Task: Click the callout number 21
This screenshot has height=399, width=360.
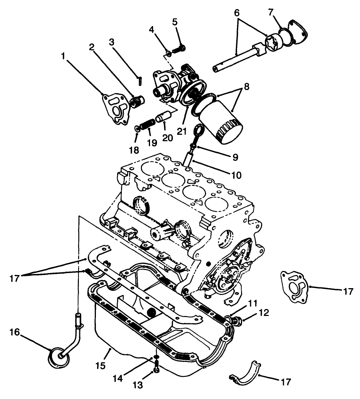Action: click(x=182, y=131)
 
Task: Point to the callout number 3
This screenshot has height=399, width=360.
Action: click(x=112, y=42)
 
